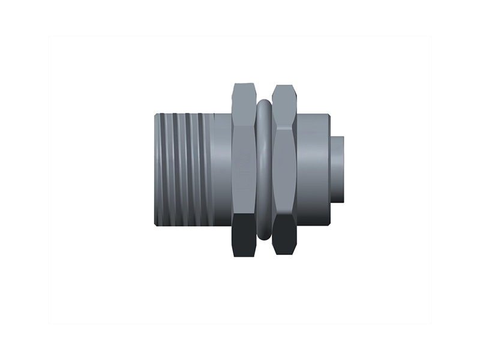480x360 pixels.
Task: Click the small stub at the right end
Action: click(x=338, y=169)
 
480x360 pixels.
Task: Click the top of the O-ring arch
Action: click(x=263, y=103)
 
